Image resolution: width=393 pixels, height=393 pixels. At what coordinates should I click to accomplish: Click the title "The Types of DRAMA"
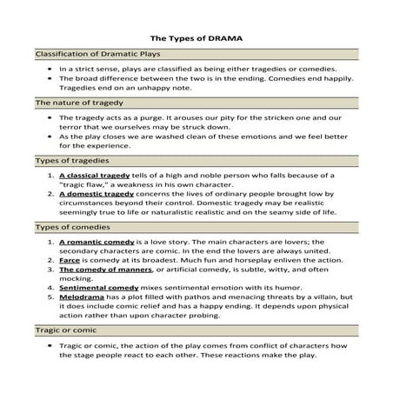[196, 39]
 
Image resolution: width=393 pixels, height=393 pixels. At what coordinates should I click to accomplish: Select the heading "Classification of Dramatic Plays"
[90, 54]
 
